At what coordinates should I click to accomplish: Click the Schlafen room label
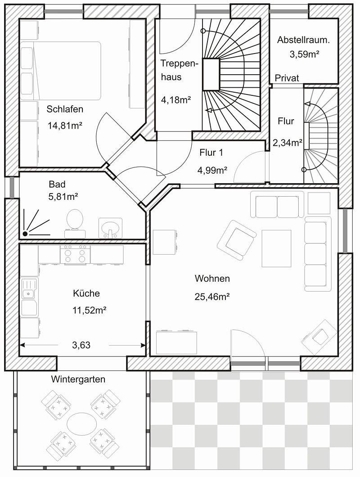pos(65,109)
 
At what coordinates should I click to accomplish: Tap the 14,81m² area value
pos(65,126)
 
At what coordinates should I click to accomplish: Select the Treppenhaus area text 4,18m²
pos(176,99)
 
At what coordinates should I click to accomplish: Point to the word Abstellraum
pos(303,40)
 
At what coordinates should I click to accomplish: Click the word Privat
pos(287,78)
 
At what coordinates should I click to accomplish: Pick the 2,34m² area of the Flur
pos(287,142)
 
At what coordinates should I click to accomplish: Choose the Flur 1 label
pos(211,153)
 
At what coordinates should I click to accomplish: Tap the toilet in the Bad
pos(75,223)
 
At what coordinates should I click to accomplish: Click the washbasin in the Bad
pos(110,228)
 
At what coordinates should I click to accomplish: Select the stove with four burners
pos(75,255)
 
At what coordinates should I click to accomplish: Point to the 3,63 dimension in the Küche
pos(81,345)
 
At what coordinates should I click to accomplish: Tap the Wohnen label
pos(212,279)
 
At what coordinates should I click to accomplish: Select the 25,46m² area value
pos(212,296)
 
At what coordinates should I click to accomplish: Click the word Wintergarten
pos(78,379)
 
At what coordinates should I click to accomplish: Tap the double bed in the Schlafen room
pos(61,71)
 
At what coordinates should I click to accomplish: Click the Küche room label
pos(86,293)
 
